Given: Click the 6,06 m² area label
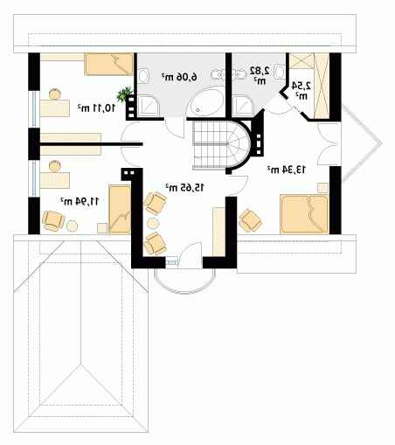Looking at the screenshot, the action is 179,77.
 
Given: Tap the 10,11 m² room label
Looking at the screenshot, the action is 96,108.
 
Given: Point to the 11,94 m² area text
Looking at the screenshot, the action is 80,201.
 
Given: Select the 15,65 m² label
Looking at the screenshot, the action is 184,187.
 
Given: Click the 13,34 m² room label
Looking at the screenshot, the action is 287,170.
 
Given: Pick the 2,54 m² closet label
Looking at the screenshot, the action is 301,90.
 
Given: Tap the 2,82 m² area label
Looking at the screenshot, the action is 260,75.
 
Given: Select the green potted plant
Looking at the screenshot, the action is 124,94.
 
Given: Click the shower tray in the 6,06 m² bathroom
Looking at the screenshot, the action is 149,106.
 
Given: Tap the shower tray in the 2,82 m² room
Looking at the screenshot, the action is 244,106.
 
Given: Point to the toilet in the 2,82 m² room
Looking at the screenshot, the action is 279,72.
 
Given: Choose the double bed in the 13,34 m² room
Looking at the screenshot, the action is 304,214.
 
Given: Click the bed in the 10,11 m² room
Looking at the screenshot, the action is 108,65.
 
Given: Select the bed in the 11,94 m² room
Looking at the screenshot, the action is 120,209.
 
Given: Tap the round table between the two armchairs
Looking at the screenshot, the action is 153,224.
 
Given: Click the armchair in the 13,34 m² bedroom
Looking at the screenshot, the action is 250,220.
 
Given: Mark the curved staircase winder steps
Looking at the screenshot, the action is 238,145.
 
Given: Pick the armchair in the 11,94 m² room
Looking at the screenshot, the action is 53,221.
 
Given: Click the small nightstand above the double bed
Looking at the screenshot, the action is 322,188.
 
